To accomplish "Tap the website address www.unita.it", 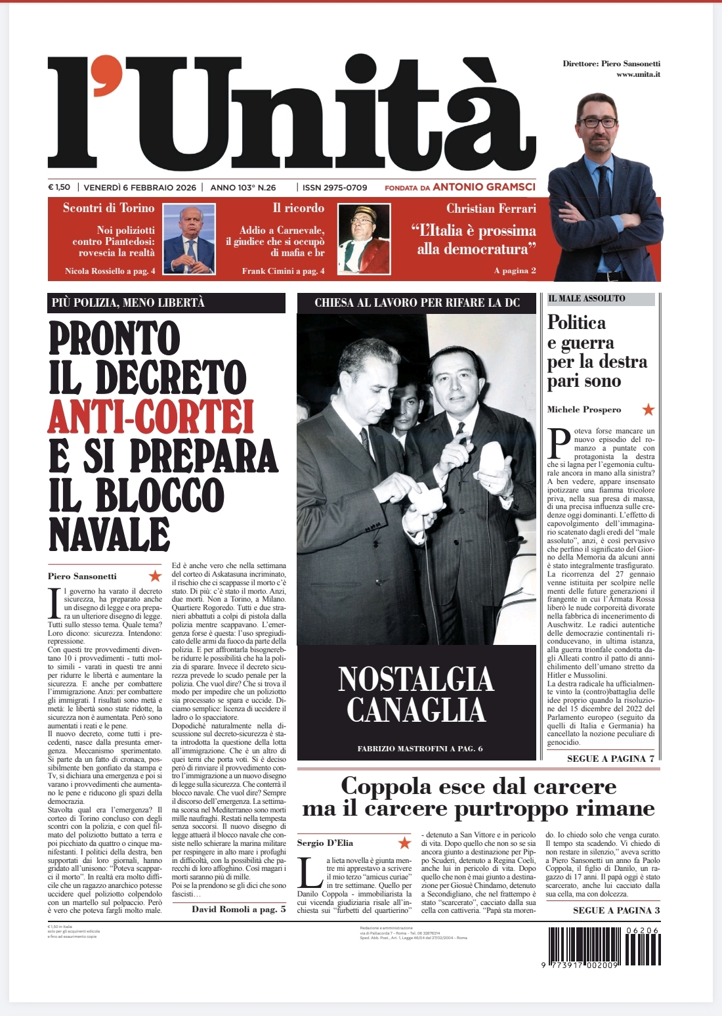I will coord(637,74).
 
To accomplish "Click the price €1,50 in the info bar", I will coord(59,187).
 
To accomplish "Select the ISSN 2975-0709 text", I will coord(334,187).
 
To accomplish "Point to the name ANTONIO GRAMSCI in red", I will coord(484,187).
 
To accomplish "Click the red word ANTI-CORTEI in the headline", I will coord(150,416).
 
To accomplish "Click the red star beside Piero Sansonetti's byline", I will coord(155,576).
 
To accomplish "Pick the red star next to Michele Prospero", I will coord(648,409).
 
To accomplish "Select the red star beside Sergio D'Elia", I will coord(404,843).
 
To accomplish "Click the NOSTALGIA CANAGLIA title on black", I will coord(416,694).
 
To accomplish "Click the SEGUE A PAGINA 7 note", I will coord(610,759).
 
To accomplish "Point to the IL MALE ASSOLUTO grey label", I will coord(601,299).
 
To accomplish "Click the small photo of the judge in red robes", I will coord(364,239).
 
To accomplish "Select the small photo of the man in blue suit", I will coord(189,239).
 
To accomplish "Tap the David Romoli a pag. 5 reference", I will coord(238,909).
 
